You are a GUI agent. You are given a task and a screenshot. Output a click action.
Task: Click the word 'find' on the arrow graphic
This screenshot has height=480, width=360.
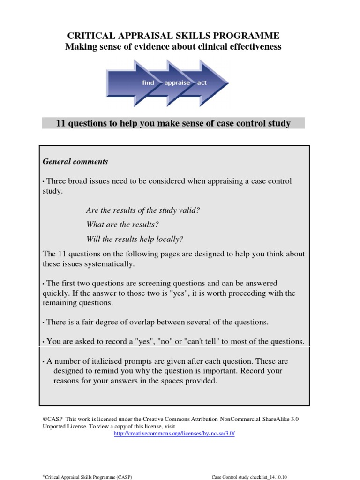coord(148,83)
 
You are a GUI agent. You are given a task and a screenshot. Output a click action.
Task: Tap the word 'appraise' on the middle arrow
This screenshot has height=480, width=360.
coord(177,83)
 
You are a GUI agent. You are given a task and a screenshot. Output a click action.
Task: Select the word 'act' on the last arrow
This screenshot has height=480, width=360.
coord(202,83)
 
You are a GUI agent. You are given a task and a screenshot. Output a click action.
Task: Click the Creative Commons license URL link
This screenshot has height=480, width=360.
coord(174,434)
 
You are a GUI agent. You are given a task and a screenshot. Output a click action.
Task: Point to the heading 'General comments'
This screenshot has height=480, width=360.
coord(75,162)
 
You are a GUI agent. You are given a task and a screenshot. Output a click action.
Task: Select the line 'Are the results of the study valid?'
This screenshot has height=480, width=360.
coord(143,210)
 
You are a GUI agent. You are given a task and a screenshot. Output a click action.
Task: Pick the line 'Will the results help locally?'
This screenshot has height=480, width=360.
coord(135,239)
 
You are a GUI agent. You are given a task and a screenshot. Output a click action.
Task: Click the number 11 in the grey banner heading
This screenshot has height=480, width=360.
coord(60,124)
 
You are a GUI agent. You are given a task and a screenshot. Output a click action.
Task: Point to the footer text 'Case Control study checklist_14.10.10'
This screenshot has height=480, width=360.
coord(249,477)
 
